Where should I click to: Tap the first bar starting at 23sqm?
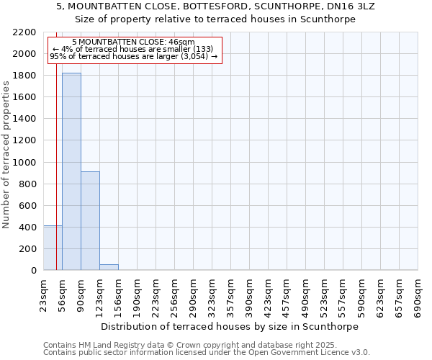point(53,248)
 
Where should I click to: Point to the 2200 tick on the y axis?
point(27,32)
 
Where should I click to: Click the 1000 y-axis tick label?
point(27,163)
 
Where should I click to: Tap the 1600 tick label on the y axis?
point(27,97)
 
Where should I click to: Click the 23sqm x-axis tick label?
point(43,294)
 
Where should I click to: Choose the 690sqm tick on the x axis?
point(418,294)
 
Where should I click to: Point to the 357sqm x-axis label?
point(230,294)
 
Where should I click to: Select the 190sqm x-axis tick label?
point(137,294)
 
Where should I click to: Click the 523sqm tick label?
point(324,294)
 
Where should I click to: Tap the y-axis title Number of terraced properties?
point(6,155)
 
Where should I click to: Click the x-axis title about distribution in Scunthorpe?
point(230,326)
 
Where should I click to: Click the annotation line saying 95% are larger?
point(134,56)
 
